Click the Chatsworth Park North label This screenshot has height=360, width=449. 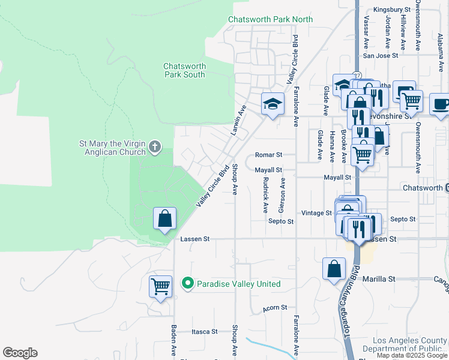270,19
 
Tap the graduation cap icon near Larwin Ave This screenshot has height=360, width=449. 273,104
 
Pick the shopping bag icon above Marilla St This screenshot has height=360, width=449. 334,269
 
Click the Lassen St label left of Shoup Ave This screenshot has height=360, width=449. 194,239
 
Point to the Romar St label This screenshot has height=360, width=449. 268,155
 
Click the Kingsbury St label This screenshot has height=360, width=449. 391,10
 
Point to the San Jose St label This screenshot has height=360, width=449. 381,56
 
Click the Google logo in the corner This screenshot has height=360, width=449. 20,353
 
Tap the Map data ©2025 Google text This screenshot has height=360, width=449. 412,355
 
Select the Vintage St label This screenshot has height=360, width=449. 316,213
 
